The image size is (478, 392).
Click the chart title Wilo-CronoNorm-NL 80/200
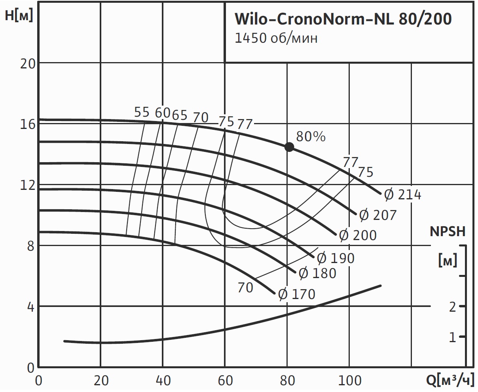(343, 19)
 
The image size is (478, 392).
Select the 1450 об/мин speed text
(276, 38)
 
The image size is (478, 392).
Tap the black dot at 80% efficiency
(289, 147)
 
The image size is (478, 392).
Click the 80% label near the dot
(311, 136)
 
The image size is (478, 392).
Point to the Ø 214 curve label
(403, 195)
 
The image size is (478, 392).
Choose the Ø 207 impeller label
(377, 215)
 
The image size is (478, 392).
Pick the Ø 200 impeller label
(358, 235)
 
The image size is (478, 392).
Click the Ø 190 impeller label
(336, 258)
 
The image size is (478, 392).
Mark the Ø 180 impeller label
(317, 273)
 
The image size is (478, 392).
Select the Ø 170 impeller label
(297, 294)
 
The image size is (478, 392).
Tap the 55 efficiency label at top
(142, 113)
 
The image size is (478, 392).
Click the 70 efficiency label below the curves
(245, 288)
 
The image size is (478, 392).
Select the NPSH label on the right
(448, 231)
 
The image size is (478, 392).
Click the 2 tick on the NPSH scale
(452, 307)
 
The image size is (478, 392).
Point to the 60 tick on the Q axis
(225, 381)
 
